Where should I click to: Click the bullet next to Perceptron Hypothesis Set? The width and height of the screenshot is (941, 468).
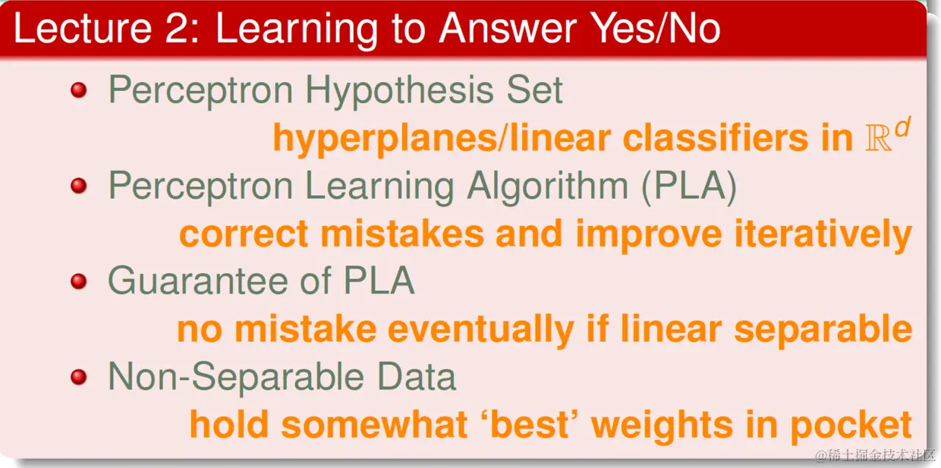pos(79,90)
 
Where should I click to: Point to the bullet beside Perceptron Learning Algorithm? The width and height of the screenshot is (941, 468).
pos(79,185)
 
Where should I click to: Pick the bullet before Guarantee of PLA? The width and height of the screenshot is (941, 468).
pos(79,281)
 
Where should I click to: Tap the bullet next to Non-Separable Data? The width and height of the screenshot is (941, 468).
pos(79,376)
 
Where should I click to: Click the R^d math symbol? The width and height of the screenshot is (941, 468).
pos(887,135)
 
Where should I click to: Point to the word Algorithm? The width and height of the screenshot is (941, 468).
pos(547,187)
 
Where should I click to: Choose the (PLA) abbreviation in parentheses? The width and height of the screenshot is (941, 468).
pos(689,187)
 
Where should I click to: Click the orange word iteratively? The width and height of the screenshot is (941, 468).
pos(823,235)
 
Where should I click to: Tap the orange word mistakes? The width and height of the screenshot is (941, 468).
pos(402,234)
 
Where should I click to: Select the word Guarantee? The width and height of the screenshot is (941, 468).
pos(198,281)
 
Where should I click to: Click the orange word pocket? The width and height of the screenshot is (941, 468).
pos(851,426)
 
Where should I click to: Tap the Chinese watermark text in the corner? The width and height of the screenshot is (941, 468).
pos(875,455)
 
